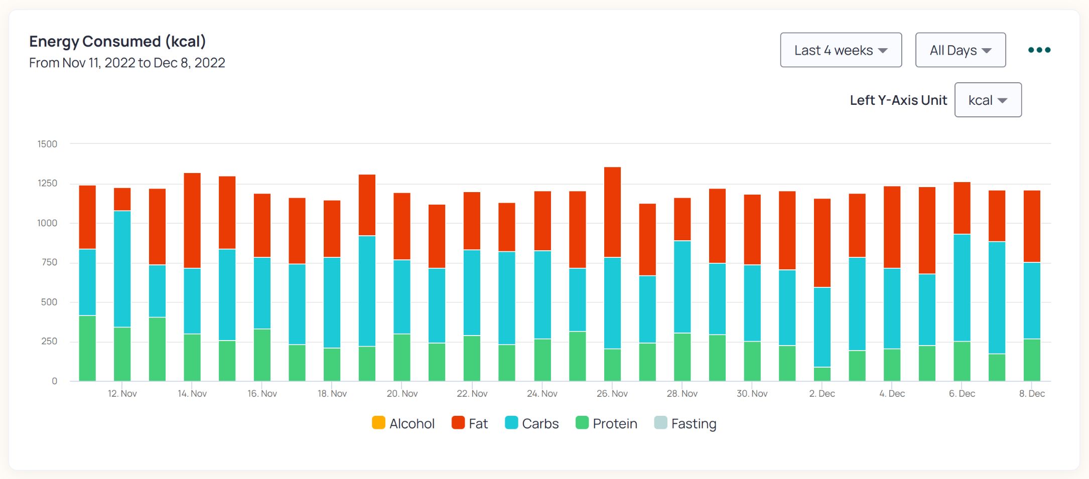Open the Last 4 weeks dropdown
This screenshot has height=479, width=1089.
coord(841,50)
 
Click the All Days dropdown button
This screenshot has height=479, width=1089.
coord(960,50)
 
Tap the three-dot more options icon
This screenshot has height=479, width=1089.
coord(1039,50)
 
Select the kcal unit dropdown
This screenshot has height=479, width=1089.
coord(988,100)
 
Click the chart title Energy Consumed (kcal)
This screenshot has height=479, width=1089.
coord(117,41)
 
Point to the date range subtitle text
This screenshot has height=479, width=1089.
coord(127,63)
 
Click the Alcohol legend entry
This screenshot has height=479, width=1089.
coord(403,423)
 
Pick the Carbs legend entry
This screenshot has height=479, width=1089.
coord(531,423)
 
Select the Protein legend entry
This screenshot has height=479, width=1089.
coord(606,423)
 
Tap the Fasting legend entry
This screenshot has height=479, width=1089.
coord(685,423)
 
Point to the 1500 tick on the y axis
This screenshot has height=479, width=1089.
coord(47,144)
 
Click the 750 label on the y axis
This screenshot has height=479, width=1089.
coord(49,262)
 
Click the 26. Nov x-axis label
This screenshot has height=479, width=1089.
coord(612,394)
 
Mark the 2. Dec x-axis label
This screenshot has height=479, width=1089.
coord(822,394)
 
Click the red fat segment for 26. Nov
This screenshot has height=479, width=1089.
coord(612,212)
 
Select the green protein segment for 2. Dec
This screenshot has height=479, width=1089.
coord(822,374)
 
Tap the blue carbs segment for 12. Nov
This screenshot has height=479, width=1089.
coord(122,268)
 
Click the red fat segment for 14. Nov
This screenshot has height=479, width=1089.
coord(192,221)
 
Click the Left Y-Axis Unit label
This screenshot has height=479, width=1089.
coord(898,100)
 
